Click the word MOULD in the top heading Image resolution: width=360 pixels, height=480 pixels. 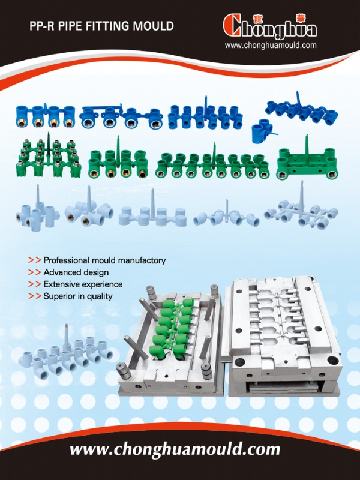(154, 26)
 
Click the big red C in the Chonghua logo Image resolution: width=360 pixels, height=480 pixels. (232, 25)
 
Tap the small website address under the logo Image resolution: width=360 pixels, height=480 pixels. (271, 46)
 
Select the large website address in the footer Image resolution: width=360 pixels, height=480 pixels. (175, 449)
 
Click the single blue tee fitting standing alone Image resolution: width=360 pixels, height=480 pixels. (264, 131)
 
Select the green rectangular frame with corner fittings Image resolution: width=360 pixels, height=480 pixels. (307, 162)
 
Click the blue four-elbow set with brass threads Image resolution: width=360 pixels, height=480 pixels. (46, 116)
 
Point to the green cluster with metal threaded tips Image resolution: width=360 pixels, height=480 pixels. (49, 158)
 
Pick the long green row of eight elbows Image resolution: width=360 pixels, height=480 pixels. (212, 164)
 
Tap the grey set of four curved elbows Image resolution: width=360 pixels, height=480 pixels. (226, 216)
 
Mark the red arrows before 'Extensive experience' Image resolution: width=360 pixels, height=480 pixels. (34, 284)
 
